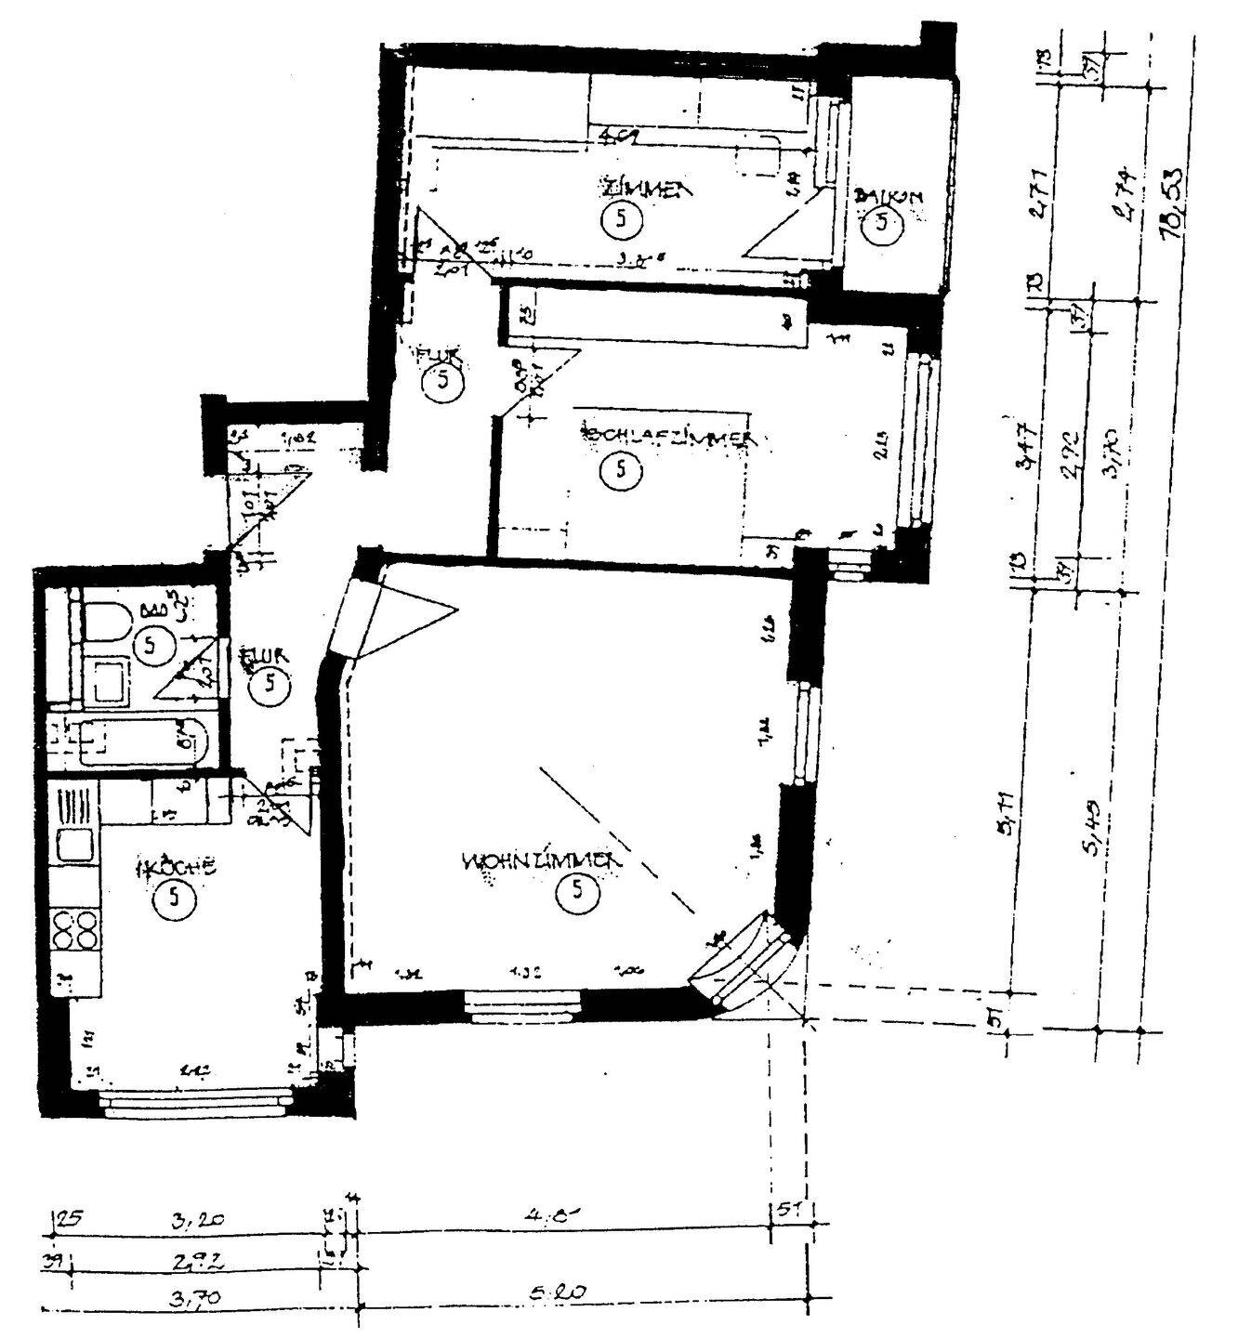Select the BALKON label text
[890, 197]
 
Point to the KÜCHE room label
[177, 868]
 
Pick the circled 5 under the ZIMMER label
[621, 220]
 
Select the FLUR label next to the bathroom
[266, 658]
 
